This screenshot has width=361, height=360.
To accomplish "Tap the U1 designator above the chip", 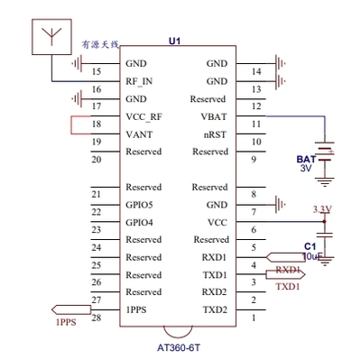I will pyautogui.click(x=175, y=42).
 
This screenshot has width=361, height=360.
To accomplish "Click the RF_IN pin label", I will pyautogui.click(x=140, y=81).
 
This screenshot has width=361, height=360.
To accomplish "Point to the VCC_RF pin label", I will pyautogui.click(x=144, y=116).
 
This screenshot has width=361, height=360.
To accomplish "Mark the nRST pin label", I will pyautogui.click(x=216, y=134).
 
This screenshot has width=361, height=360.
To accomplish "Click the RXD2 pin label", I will pyautogui.click(x=215, y=292).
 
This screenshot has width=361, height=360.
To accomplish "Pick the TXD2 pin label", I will pyautogui.click(x=215, y=309).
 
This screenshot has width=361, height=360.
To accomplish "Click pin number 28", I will pyautogui.click(x=97, y=317).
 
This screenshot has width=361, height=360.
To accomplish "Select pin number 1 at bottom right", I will pyautogui.click(x=254, y=317).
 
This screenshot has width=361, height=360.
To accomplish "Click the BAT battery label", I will pyautogui.click(x=306, y=159).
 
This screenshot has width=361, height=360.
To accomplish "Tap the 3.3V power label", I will pyautogui.click(x=321, y=209).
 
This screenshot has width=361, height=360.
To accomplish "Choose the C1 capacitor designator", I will pyautogui.click(x=310, y=245).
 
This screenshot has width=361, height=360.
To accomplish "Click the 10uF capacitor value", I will pyautogui.click(x=312, y=256).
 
